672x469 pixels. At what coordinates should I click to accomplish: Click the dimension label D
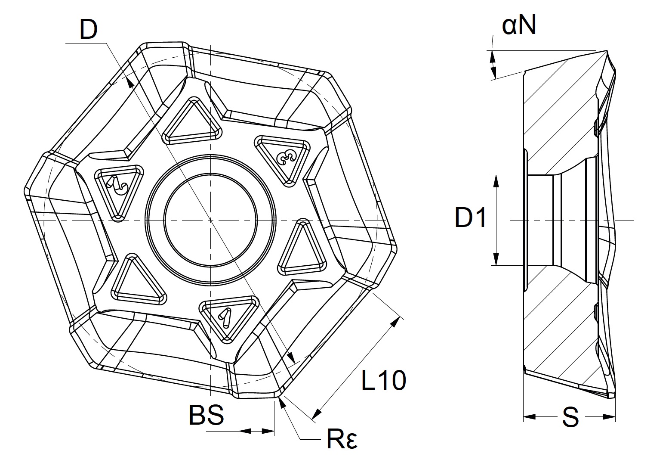(x=89, y=30)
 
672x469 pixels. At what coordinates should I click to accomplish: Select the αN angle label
(x=519, y=26)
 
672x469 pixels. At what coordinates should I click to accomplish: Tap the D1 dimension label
(x=470, y=217)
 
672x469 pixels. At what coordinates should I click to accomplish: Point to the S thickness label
(x=570, y=417)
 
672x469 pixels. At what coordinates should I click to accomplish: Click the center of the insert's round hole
(x=210, y=220)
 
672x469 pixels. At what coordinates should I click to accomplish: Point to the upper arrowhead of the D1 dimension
(x=496, y=181)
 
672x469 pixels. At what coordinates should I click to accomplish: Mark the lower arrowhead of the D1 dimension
(x=496, y=259)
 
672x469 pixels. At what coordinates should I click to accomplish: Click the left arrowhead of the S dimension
(x=529, y=417)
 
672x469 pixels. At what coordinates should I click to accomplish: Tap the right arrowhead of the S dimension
(x=610, y=417)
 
